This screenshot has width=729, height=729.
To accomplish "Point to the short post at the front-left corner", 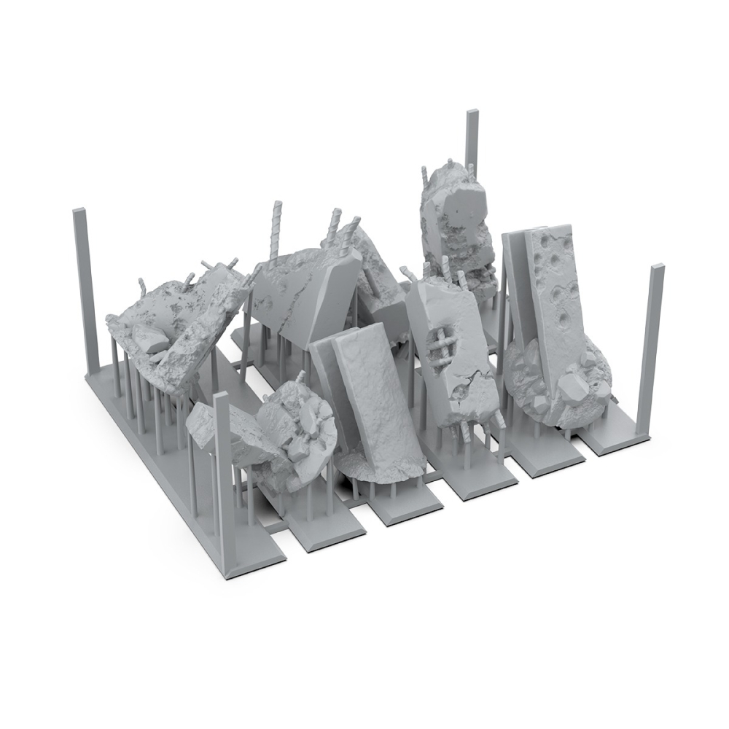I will tap(222, 467).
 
